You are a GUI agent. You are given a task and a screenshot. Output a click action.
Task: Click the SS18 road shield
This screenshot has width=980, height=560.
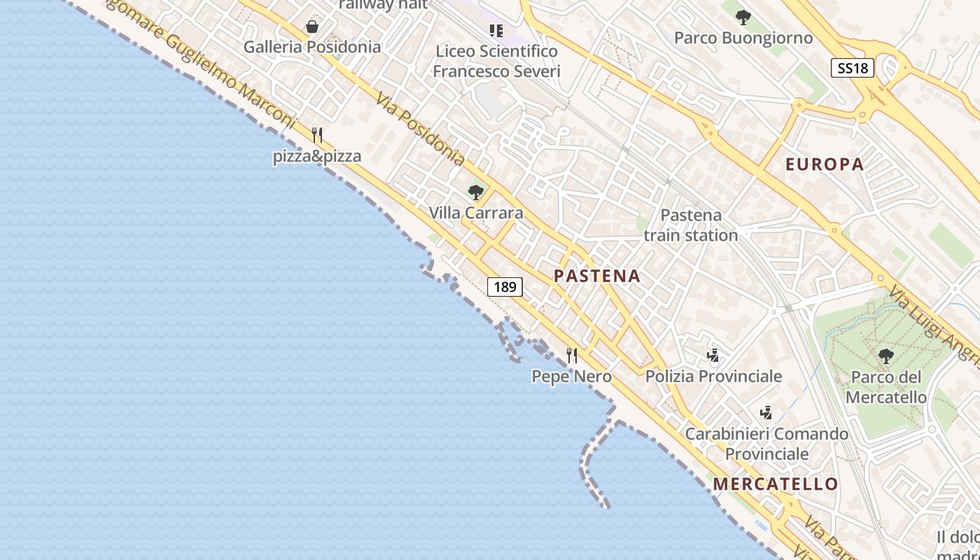tap(853, 68)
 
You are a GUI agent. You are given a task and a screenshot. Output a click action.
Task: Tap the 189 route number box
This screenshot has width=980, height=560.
tap(505, 286)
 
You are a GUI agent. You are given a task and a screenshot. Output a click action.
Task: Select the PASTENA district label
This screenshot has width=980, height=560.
tap(597, 276)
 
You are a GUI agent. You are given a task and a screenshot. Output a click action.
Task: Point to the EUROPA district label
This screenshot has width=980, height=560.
tap(825, 164)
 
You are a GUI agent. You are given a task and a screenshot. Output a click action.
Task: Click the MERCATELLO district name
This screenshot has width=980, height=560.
tap(776, 484)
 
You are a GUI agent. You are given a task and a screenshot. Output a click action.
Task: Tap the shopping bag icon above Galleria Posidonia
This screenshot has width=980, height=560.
tap(312, 27)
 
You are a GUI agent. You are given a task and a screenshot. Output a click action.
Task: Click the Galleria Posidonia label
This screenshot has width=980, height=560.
tap(312, 47)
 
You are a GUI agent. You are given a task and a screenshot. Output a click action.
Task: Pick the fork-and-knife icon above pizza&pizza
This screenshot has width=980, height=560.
tap(317, 135)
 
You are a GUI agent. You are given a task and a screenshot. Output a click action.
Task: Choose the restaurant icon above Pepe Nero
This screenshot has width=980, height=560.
tap(572, 356)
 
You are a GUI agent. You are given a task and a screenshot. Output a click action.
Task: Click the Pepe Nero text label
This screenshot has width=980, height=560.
tap(571, 377)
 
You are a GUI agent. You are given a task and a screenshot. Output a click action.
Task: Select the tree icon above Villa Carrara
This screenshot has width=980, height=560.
tap(476, 192)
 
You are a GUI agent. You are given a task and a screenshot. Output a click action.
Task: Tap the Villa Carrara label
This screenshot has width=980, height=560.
tap(476, 213)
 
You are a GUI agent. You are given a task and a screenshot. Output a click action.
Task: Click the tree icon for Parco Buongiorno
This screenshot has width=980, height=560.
tap(743, 17)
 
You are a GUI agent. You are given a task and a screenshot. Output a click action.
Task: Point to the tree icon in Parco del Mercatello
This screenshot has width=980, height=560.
tap(885, 356)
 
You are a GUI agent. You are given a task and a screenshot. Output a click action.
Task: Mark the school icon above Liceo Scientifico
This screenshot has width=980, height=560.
tap(496, 30)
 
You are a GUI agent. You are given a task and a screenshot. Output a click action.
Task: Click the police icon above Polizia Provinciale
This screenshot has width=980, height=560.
tap(713, 356)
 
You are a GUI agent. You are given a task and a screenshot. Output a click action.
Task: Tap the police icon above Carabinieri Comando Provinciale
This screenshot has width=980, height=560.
tap(766, 412)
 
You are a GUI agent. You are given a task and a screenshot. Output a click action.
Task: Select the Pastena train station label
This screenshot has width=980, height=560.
tap(691, 225)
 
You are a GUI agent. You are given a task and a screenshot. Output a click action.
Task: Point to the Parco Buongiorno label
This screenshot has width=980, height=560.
tap(743, 38)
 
